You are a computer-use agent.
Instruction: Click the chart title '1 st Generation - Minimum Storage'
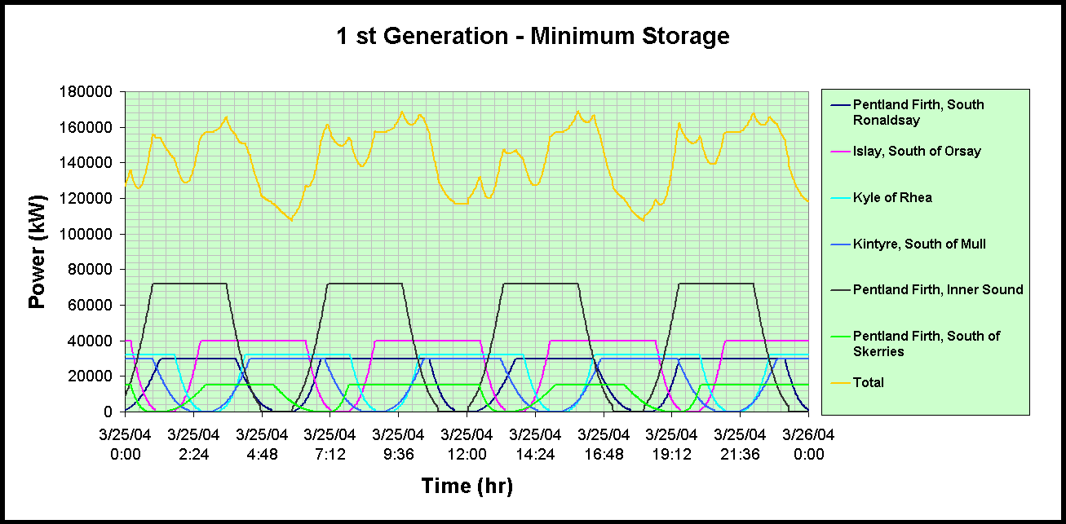[533, 37]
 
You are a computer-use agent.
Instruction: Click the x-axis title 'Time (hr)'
[467, 487]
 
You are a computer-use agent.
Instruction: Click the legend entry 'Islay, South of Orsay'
[917, 151]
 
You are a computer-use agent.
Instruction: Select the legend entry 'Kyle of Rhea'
[892, 197]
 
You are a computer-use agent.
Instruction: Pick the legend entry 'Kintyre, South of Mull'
[919, 244]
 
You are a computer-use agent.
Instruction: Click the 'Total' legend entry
[868, 382]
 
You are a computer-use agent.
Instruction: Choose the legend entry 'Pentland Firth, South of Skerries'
[926, 343]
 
